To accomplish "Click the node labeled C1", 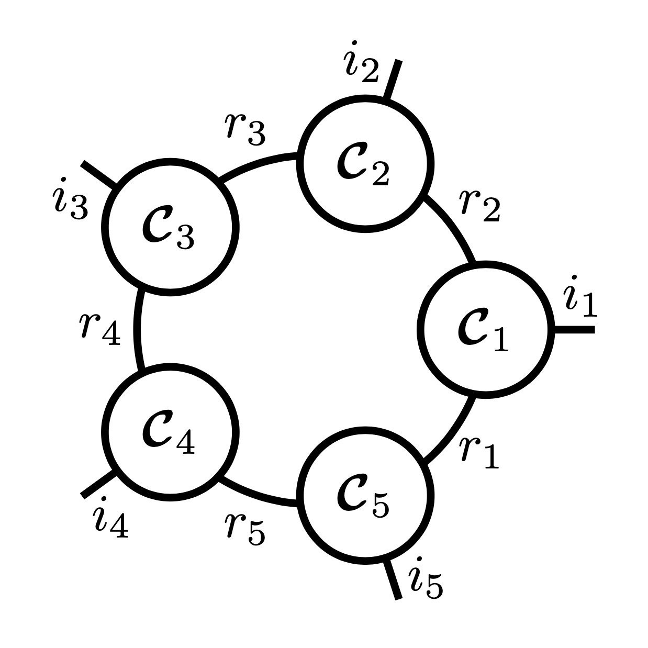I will (x=486, y=329).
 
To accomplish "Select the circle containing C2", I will (x=365, y=163).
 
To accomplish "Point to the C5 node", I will (x=365, y=495).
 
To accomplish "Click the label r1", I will (x=480, y=452).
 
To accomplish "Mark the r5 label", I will (x=245, y=529).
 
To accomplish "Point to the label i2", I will (x=361, y=62).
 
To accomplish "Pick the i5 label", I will (x=426, y=580).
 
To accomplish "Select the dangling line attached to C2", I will (x=393, y=79).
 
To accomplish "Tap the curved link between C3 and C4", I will (x=138, y=329).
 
